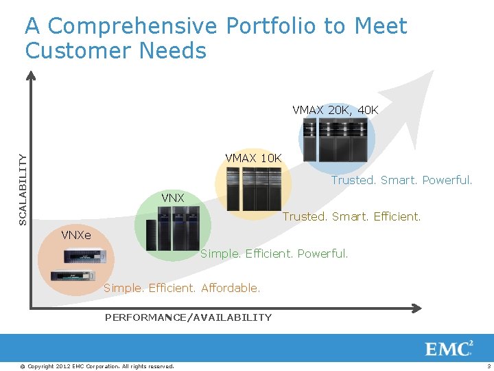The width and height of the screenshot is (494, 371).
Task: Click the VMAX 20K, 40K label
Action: click(x=335, y=110)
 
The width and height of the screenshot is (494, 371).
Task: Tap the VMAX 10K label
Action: click(x=253, y=158)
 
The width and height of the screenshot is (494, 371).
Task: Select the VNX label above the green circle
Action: click(x=173, y=198)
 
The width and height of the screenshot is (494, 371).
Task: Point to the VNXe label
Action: click(x=75, y=235)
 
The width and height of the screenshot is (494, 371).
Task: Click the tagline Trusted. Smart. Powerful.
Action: click(x=401, y=180)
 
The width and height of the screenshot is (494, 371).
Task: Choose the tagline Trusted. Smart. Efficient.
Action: click(x=351, y=216)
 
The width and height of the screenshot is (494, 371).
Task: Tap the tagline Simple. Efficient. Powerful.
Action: click(x=274, y=254)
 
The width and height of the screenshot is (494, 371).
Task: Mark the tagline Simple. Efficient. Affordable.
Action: click(x=182, y=288)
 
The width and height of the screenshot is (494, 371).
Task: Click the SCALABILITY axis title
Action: click(x=23, y=189)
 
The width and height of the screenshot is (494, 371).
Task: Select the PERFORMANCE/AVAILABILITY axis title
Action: click(x=188, y=317)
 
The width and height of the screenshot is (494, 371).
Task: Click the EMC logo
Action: click(x=449, y=348)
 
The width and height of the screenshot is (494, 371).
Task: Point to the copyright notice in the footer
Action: click(x=97, y=366)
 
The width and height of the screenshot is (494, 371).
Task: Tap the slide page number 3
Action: click(x=488, y=366)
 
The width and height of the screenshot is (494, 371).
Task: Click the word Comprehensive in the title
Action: click(x=133, y=26)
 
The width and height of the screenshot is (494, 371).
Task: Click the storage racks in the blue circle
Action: click(x=337, y=139)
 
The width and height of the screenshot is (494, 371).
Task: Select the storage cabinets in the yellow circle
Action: click(x=253, y=188)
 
